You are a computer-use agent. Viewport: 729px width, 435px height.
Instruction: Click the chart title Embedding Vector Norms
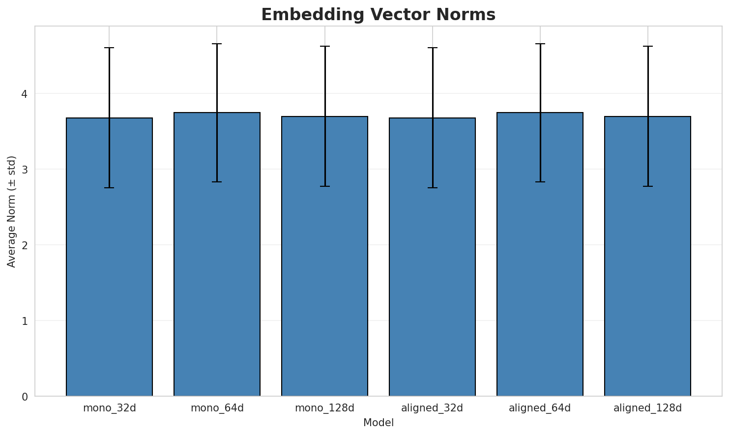(378, 15)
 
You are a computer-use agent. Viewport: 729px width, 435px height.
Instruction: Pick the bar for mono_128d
(324, 256)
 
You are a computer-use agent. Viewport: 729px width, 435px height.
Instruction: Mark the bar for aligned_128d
(647, 256)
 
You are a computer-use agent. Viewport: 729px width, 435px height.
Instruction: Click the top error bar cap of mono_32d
(109, 48)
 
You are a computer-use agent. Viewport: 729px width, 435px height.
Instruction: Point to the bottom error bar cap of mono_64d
(217, 182)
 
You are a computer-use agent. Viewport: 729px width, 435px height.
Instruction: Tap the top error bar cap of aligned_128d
(647, 46)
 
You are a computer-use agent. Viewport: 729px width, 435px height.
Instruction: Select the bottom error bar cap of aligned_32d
(432, 188)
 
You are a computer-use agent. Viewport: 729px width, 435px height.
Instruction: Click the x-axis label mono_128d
(324, 408)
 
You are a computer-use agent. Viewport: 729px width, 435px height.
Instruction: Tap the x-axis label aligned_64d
(540, 408)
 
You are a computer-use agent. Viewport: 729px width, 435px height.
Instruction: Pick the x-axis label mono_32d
(109, 408)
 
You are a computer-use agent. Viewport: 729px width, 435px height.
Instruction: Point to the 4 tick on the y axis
(25, 93)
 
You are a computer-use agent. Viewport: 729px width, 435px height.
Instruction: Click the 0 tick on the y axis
(25, 396)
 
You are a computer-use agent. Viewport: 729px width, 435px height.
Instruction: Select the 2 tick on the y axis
(25, 245)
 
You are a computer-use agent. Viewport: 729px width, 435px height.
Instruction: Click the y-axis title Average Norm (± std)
(12, 211)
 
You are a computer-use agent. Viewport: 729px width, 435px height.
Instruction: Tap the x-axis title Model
(379, 423)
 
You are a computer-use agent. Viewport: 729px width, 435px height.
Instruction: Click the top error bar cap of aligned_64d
(540, 44)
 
